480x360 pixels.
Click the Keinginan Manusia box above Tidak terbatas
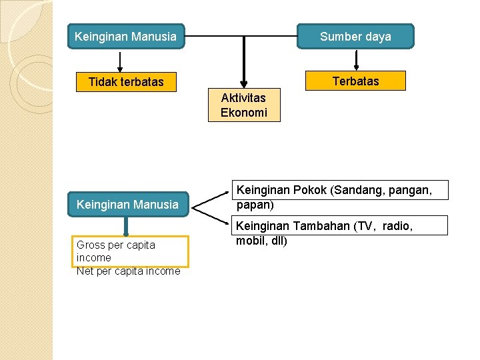126,37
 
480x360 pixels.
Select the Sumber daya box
355,37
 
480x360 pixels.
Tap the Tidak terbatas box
126,82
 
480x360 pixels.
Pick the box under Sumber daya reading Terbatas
355,81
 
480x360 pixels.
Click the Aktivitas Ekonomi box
243,105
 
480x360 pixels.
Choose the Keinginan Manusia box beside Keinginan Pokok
127,205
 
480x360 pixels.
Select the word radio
397,226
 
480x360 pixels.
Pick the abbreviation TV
365,226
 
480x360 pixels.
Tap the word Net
85,271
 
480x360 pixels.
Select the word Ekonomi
243,113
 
